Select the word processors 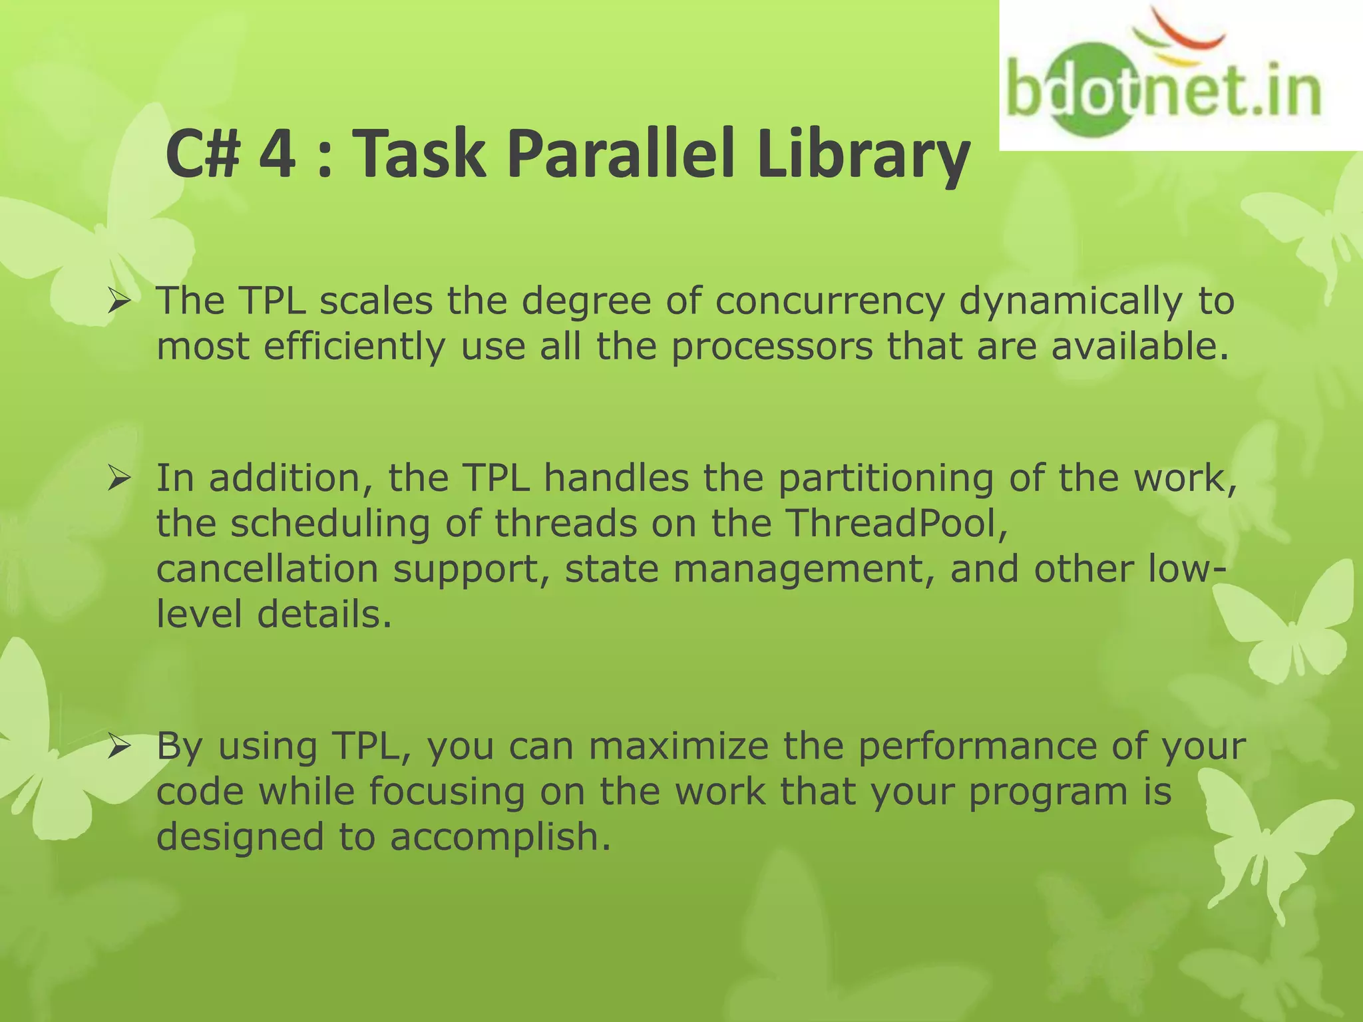771,347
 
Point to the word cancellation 266,569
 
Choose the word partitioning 885,480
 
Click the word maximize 679,746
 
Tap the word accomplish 499,838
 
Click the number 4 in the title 277,154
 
